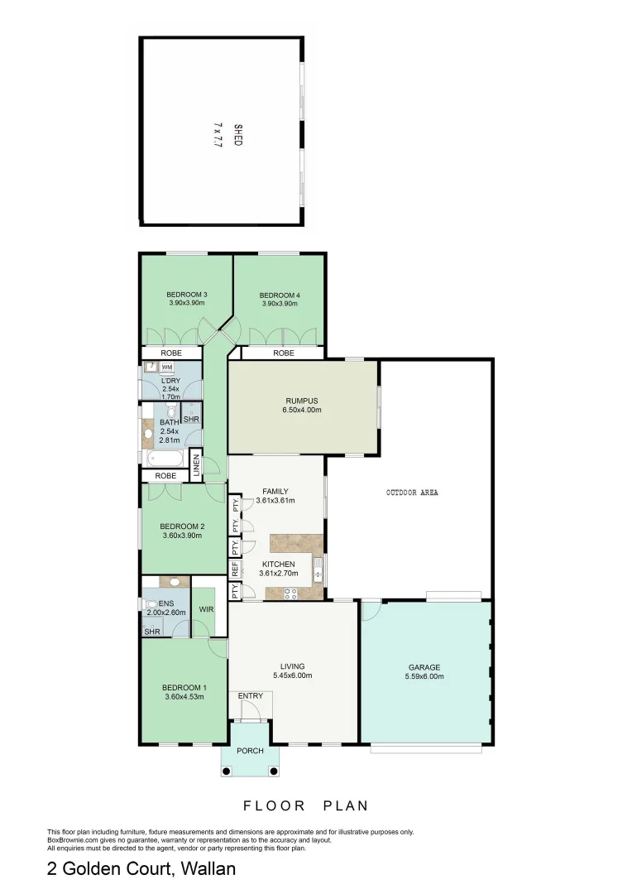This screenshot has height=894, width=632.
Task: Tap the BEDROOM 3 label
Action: (x=186, y=295)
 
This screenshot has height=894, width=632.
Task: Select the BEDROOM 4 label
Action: (x=279, y=295)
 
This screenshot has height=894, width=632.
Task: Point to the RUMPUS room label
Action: (x=301, y=401)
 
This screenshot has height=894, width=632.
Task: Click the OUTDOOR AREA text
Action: (x=412, y=493)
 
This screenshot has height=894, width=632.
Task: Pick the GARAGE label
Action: (x=425, y=667)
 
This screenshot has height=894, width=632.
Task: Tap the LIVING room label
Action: (x=292, y=666)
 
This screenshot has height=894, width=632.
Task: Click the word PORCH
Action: (x=250, y=751)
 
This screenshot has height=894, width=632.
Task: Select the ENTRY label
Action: (x=251, y=696)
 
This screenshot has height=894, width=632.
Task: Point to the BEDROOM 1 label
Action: (x=184, y=688)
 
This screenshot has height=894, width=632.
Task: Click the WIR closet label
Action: (x=206, y=610)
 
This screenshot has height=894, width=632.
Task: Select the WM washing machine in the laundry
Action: (x=166, y=368)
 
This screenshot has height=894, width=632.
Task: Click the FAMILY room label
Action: (x=275, y=491)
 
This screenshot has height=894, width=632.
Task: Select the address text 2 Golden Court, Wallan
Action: (x=141, y=869)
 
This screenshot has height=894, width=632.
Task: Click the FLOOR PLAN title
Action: (x=305, y=805)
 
